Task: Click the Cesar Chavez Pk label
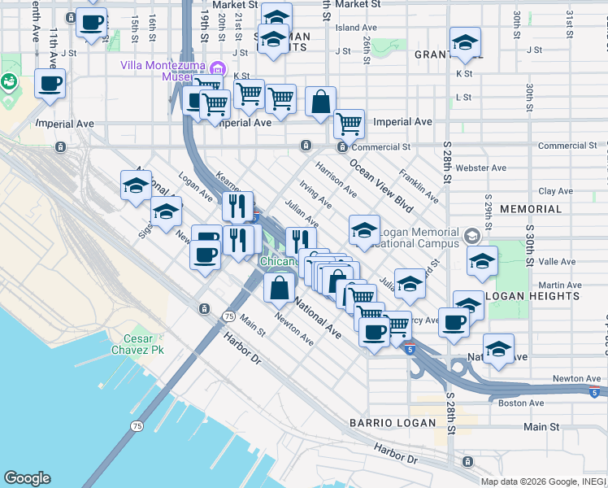pos(143,343)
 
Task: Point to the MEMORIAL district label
pos(531,209)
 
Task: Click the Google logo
pos(27,478)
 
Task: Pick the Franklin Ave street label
pos(419,186)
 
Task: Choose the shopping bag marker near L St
pos(321,102)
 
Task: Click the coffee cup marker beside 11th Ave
pos(50,83)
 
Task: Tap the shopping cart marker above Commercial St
pos(349,124)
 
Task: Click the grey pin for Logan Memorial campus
pos(471,237)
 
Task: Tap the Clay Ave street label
pos(557,191)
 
